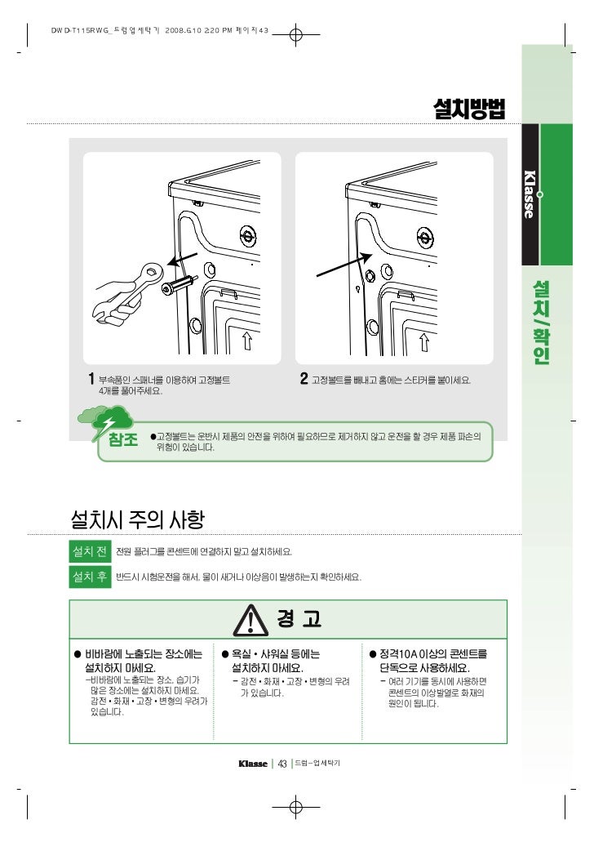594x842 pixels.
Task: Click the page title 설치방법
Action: click(469, 109)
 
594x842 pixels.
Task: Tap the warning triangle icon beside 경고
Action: click(250, 619)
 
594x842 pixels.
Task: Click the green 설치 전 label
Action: click(90, 551)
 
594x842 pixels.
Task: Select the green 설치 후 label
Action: click(90, 577)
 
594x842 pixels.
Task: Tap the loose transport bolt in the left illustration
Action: click(179, 285)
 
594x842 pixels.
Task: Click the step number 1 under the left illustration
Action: click(91, 379)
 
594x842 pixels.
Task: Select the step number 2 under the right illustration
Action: click(304, 379)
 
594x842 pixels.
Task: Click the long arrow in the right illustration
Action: click(344, 265)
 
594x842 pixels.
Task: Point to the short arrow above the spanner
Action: click(182, 260)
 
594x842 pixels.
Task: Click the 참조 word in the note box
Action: click(123, 439)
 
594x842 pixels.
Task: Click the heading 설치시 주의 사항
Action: click(137, 519)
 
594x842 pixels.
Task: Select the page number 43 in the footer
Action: click(282, 764)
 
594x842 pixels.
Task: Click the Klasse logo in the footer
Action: click(253, 764)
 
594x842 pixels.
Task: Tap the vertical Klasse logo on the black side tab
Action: click(530, 194)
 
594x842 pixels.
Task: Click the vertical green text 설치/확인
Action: click(541, 323)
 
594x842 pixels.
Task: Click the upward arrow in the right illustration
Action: click(424, 341)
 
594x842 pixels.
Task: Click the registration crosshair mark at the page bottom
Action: click(295, 806)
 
